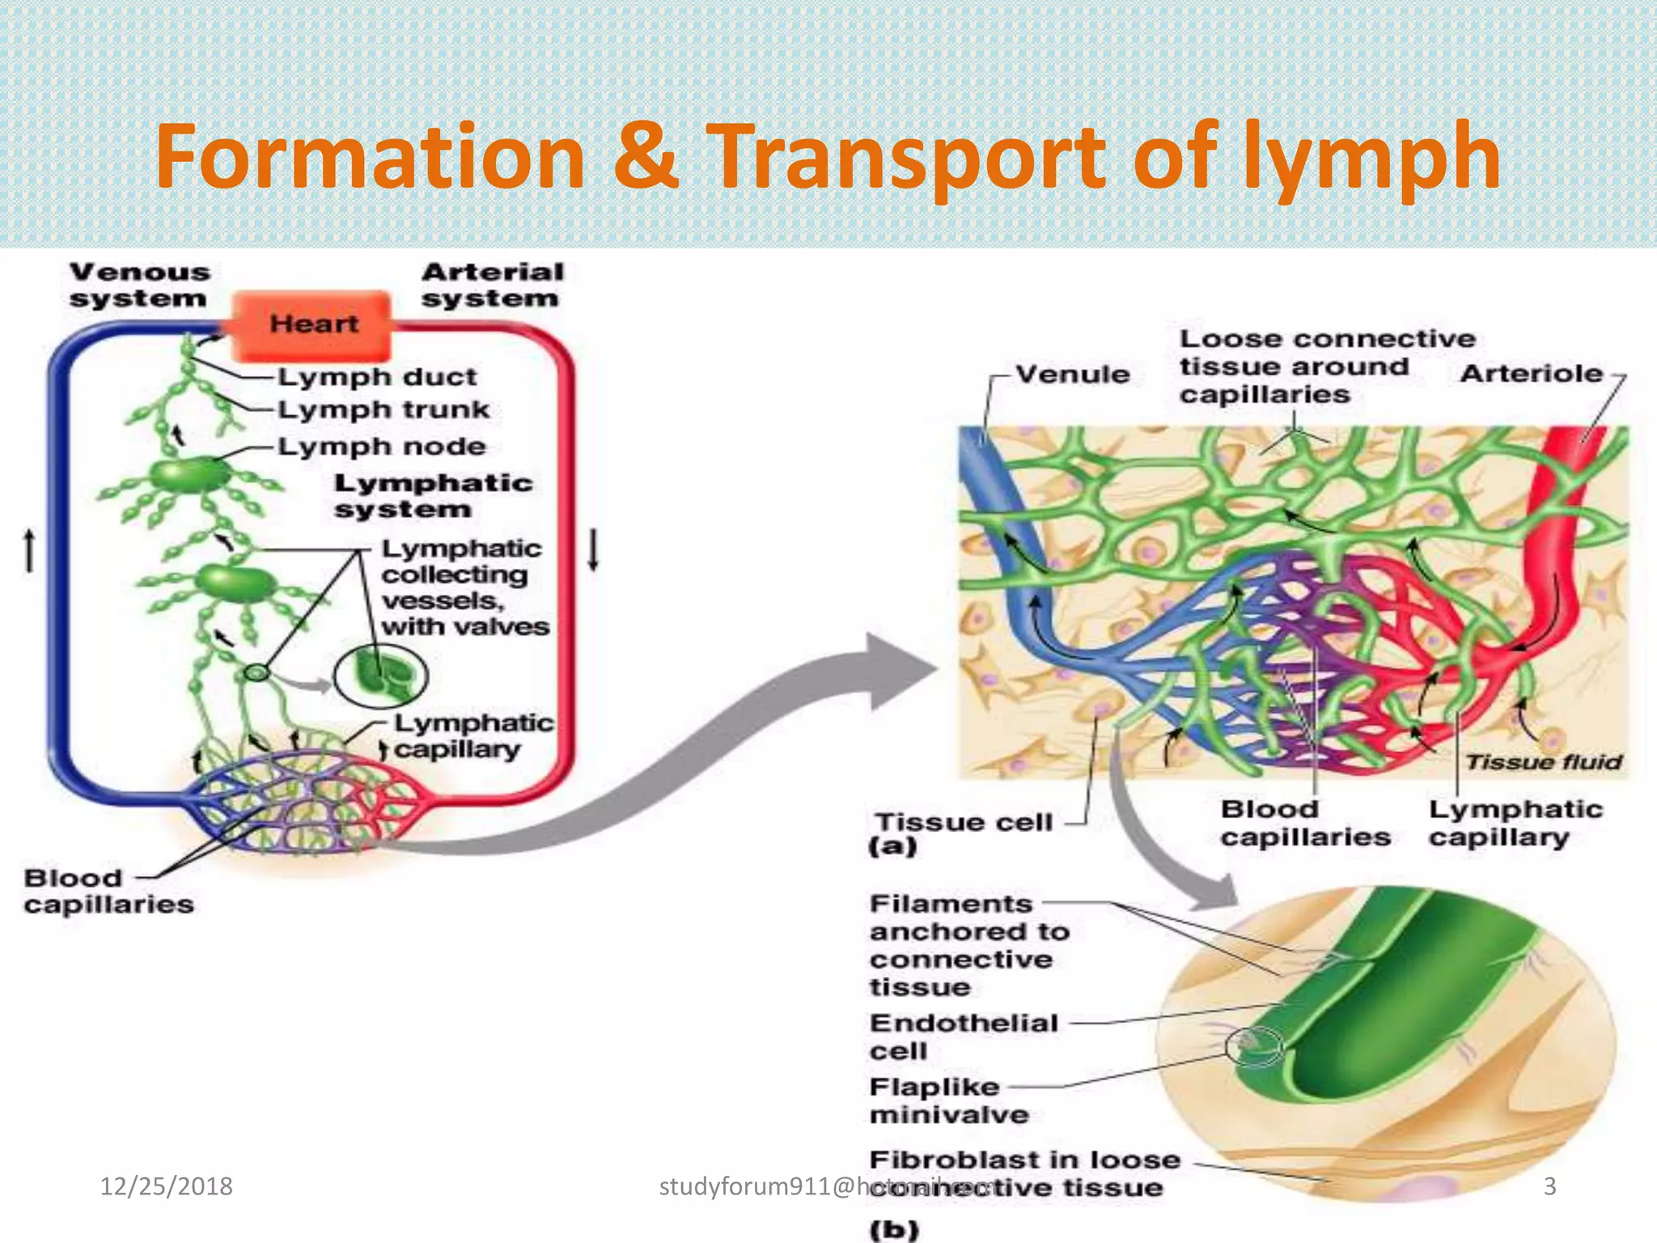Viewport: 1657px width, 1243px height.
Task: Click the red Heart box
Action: (312, 325)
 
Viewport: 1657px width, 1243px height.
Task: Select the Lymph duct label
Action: (377, 377)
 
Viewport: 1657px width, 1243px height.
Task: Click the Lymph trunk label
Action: (384, 410)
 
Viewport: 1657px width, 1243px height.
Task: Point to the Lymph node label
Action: (382, 447)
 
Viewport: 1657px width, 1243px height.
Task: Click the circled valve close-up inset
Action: (380, 676)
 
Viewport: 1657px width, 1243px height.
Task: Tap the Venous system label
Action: (139, 285)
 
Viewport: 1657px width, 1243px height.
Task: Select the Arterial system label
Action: (492, 285)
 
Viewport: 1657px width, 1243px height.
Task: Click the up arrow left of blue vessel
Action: (30, 550)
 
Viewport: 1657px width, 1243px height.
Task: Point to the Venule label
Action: (1072, 375)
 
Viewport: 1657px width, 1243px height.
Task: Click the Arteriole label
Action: (1531, 374)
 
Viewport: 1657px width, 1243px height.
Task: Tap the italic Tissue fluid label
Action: (1543, 762)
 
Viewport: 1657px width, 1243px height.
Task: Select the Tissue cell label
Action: (964, 823)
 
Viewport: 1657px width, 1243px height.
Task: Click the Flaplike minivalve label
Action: (948, 1101)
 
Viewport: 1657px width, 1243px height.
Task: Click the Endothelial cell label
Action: (963, 1037)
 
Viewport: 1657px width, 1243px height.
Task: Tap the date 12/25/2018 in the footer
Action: (166, 1186)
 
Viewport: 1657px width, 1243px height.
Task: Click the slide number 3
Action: (1549, 1186)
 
